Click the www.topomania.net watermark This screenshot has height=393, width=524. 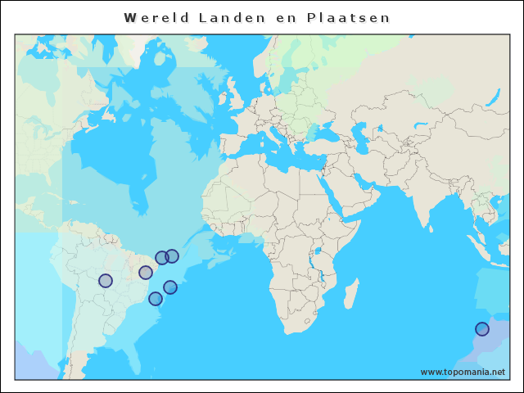coord(463,372)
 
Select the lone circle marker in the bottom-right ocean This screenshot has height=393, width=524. coord(482,329)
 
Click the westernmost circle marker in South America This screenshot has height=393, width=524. coord(106,281)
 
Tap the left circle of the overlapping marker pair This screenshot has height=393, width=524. coord(162,258)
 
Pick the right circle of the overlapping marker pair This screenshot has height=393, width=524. coord(172,256)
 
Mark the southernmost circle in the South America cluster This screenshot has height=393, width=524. coord(156,299)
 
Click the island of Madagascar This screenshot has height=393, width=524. coord(350,292)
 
